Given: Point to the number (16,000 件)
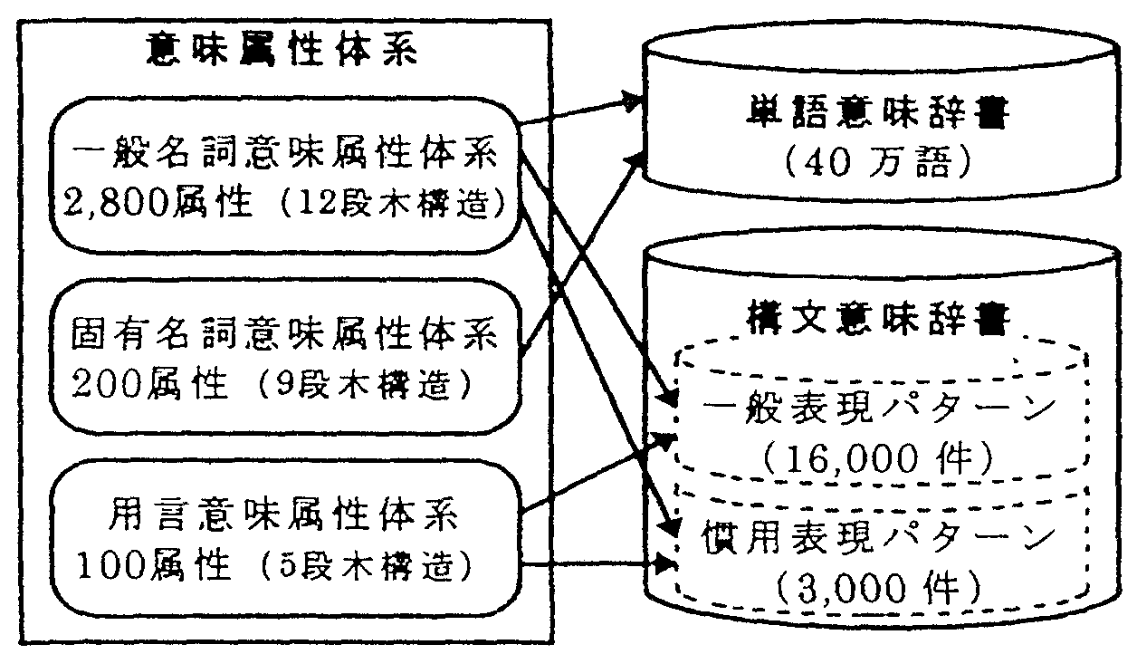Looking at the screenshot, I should pyautogui.click(x=876, y=459).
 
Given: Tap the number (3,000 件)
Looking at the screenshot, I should pyautogui.click(x=876, y=592).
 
